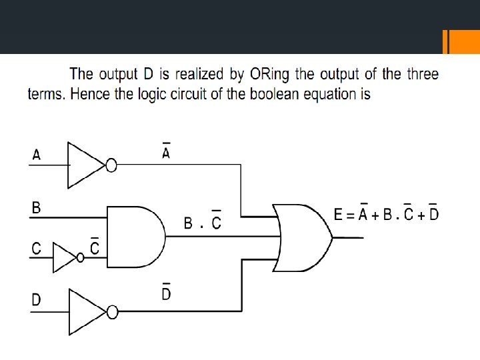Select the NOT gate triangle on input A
tap(85, 165)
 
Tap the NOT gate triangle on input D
tap(85, 311)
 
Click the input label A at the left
tap(37, 155)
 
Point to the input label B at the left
tap(37, 208)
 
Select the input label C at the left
tap(37, 249)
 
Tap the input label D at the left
tap(37, 300)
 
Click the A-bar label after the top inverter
tap(166, 153)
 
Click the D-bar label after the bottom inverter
tap(166, 291)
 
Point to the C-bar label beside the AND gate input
tap(95, 247)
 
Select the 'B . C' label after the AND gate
tap(203, 222)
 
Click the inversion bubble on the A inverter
tap(111, 165)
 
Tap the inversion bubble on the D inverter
tap(111, 311)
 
